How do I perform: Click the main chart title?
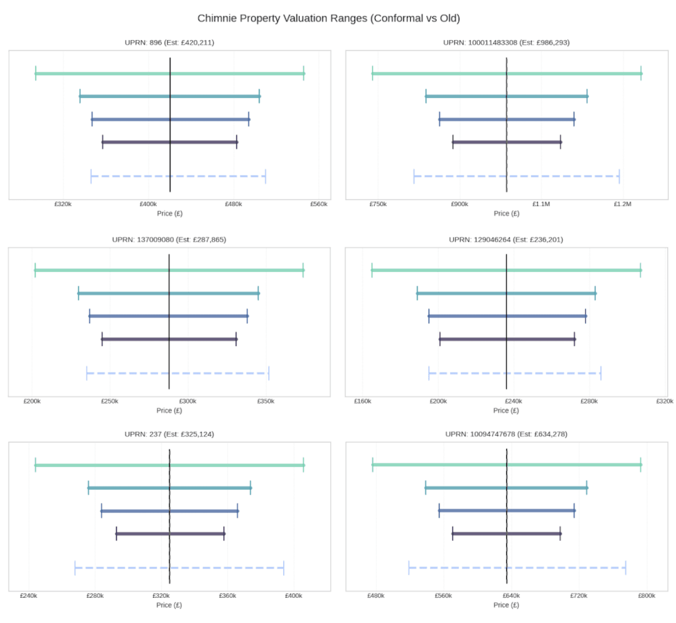point(328,18)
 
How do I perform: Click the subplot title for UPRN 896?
point(169,43)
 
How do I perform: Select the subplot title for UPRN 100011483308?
point(506,43)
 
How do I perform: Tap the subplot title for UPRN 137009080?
point(169,240)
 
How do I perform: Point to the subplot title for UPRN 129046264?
point(506,240)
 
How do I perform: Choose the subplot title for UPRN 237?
point(169,434)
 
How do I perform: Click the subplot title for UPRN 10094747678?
point(506,434)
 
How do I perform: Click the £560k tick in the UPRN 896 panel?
point(318,204)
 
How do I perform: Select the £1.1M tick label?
point(541,204)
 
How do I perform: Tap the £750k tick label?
point(378,204)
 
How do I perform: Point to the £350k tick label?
point(266,401)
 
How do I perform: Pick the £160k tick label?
point(362,401)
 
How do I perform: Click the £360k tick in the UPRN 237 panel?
point(227,596)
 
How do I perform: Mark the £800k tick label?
point(646,596)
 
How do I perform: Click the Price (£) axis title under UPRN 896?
point(169,214)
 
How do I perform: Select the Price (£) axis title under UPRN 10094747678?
point(506,605)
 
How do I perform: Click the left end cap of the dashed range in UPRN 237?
point(75,568)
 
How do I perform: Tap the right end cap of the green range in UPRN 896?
point(304,74)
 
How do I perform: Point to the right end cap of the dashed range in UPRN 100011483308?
point(619,176)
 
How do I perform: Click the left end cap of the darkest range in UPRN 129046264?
point(440,339)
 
